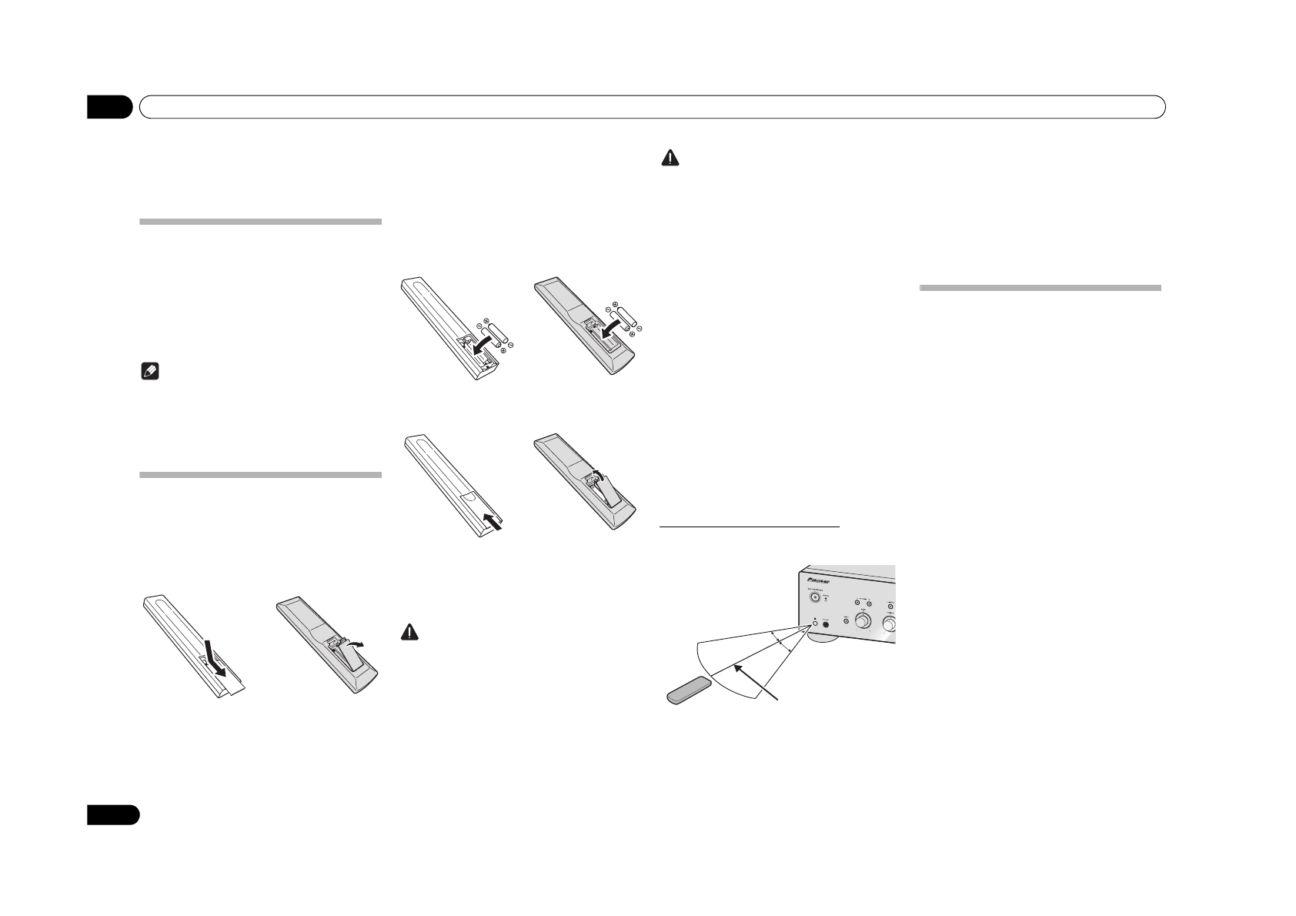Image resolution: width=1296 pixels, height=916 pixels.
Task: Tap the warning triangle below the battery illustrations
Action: point(409,632)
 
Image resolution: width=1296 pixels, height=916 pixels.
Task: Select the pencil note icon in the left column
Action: point(147,373)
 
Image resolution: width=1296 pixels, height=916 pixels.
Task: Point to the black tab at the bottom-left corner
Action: point(112,815)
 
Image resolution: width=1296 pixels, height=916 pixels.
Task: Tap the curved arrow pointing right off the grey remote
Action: point(356,641)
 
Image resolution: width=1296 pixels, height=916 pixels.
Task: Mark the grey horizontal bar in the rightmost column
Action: point(1040,288)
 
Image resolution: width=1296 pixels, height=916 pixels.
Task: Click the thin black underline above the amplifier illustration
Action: point(750,527)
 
